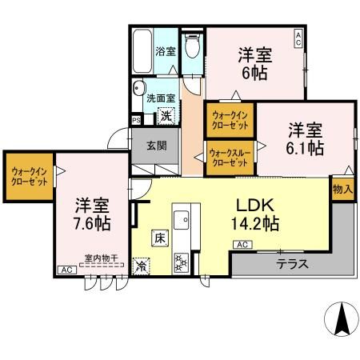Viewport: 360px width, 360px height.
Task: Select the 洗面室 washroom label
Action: (x=161, y=99)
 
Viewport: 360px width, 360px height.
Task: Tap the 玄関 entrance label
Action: (x=157, y=146)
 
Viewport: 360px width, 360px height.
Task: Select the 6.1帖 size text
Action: (x=305, y=148)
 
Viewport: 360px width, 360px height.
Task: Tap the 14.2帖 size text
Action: (x=255, y=223)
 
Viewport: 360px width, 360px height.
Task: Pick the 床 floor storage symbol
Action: (x=159, y=238)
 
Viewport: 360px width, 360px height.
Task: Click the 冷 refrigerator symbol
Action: (x=142, y=266)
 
